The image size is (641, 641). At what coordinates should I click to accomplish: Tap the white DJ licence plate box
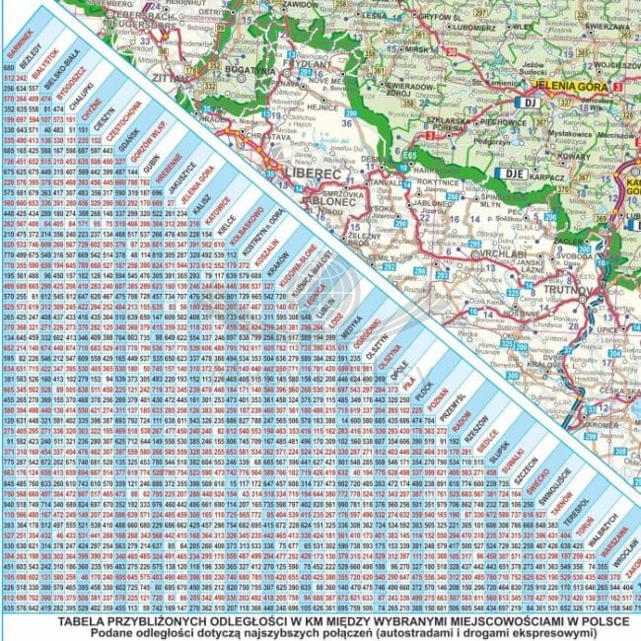click(530, 101)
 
